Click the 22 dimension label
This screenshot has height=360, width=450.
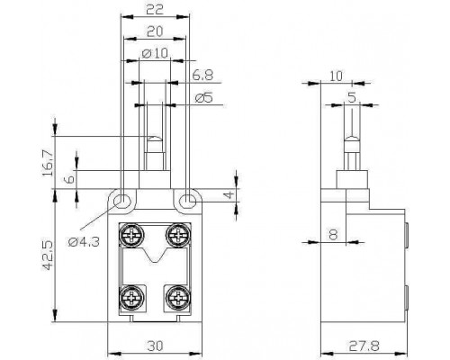click(x=155, y=9)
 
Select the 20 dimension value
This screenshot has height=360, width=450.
click(x=155, y=31)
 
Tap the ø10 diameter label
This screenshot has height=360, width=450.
click(x=155, y=53)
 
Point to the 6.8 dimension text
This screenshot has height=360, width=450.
click(x=202, y=75)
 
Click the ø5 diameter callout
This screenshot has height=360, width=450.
click(x=203, y=97)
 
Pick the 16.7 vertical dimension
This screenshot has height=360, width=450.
click(x=48, y=163)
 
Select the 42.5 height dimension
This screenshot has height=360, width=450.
click(x=48, y=255)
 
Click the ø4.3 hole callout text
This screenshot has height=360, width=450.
click(x=84, y=241)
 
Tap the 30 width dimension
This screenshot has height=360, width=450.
click(x=156, y=346)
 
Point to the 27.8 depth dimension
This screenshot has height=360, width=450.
click(x=364, y=346)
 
